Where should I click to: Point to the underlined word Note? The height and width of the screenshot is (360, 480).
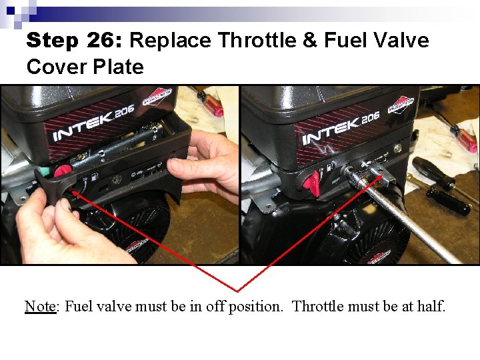pyautogui.click(x=41, y=307)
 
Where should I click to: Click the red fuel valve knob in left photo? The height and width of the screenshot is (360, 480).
pyautogui.click(x=62, y=172)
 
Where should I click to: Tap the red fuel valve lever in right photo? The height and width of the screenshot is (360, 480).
pyautogui.click(x=311, y=181)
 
